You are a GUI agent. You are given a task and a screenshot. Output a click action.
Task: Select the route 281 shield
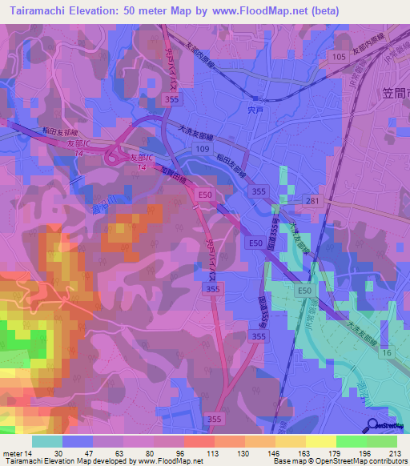tap(314, 200)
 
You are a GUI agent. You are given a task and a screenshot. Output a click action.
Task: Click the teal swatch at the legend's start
tap(47, 441)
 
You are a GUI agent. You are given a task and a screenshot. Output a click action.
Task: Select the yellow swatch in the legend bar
tap(320, 441)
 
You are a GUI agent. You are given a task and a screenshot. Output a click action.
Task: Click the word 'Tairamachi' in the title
tap(38, 11)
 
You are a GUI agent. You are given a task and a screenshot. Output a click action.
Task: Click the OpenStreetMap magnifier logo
tap(374, 427)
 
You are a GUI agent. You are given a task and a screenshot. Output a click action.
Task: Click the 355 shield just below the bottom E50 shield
tap(259, 338)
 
